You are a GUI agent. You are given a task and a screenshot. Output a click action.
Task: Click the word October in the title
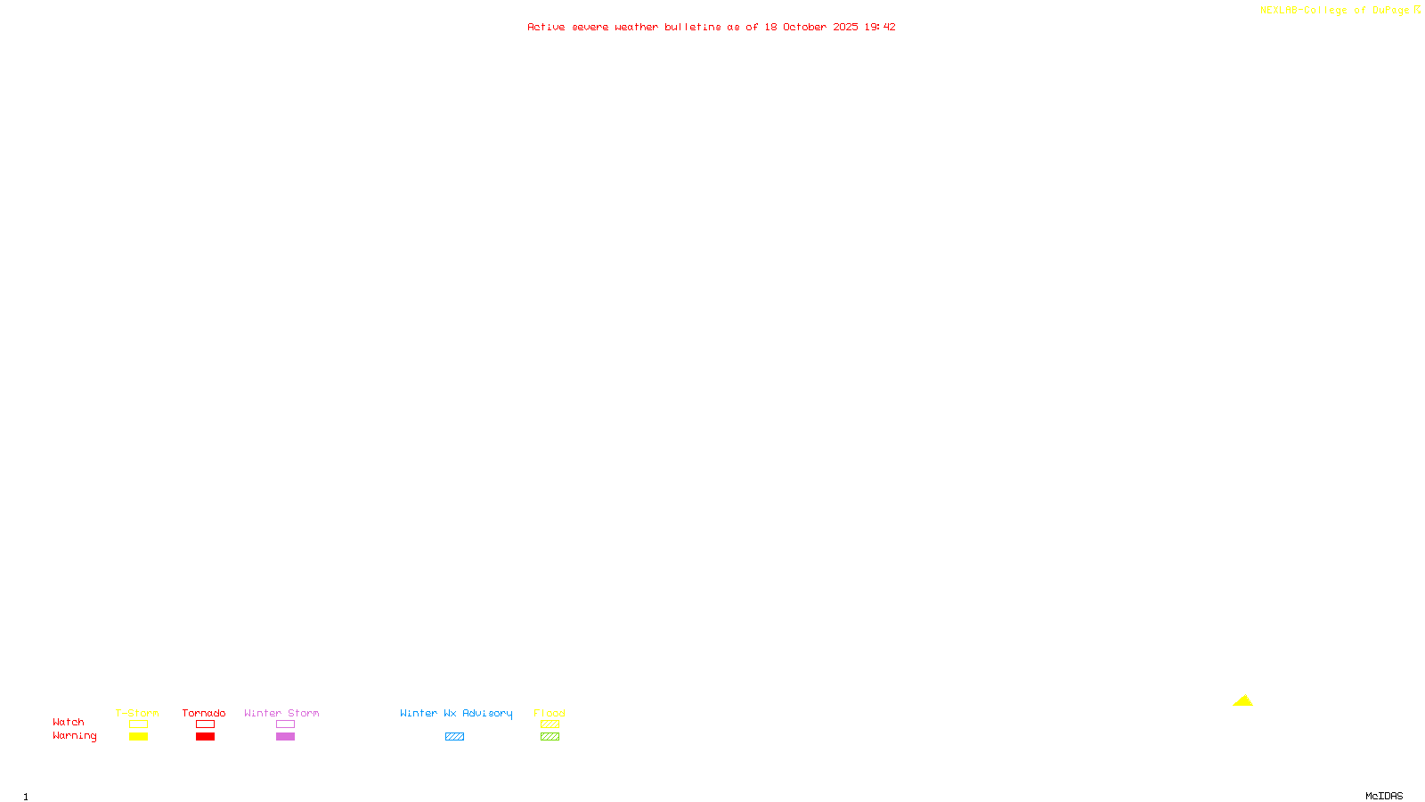click(804, 27)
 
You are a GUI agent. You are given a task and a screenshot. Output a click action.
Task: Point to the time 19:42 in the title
click(880, 27)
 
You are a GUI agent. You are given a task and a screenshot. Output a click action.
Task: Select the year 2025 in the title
click(846, 27)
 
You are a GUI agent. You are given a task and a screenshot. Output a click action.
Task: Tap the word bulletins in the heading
click(693, 27)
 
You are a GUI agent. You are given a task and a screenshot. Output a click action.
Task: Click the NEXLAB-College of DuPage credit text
click(1334, 10)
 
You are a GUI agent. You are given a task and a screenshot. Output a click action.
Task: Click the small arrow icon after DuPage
click(1417, 10)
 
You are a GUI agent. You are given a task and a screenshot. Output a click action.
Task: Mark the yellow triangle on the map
click(1242, 700)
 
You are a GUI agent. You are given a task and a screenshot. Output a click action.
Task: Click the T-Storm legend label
click(137, 713)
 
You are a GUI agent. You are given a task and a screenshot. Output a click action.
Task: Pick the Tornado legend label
click(204, 713)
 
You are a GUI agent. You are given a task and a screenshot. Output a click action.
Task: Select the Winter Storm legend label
click(281, 713)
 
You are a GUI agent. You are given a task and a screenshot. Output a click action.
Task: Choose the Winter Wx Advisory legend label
click(456, 713)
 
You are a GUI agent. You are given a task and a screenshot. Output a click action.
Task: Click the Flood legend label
click(550, 713)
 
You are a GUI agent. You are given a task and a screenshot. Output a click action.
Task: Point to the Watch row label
click(69, 722)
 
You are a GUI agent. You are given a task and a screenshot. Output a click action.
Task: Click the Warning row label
click(75, 736)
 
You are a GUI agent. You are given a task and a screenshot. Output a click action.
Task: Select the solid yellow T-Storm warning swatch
click(138, 737)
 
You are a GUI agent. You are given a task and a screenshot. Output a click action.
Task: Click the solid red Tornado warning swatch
click(205, 737)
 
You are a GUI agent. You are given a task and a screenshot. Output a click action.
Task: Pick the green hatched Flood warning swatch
click(550, 737)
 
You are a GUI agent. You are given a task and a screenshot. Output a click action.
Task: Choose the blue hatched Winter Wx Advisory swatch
click(454, 737)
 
